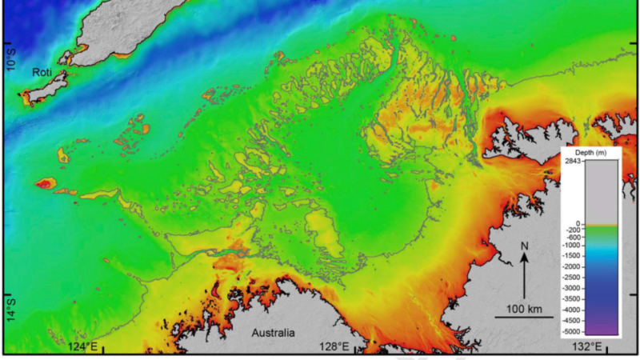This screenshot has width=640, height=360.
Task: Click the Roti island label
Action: click(x=42, y=72)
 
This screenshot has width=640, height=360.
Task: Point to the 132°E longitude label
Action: click(x=586, y=346)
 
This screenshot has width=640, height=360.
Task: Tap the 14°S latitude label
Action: click(x=10, y=306)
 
